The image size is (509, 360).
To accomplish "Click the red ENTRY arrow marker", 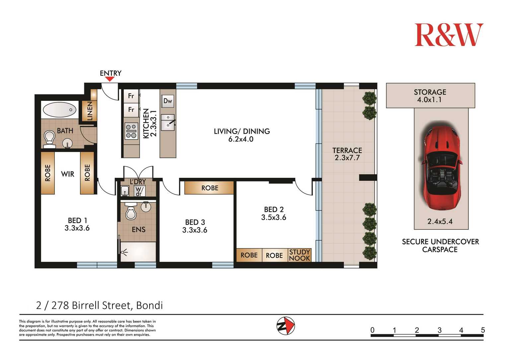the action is (110, 79).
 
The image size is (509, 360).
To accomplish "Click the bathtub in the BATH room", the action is (59, 110).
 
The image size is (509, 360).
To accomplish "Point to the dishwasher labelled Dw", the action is (168, 101).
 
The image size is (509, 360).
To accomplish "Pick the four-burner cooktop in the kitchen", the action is (131, 131).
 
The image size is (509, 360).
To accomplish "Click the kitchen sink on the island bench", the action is (168, 122).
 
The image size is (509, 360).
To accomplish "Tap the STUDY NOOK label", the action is (300, 255).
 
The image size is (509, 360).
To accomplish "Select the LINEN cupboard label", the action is (90, 111).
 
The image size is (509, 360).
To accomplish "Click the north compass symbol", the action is (286, 326).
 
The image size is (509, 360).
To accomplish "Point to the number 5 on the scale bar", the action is (483, 330).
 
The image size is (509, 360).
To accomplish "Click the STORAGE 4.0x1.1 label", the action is (430, 96).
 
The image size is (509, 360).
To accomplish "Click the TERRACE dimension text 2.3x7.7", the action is (347, 158).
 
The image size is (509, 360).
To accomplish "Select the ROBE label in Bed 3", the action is (210, 188).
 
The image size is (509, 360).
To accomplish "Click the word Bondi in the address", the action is (150, 306).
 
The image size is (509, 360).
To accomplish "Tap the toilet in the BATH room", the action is (49, 139).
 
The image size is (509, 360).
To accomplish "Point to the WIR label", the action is (67, 174).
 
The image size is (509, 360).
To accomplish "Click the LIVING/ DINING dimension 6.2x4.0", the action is (241, 139).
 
